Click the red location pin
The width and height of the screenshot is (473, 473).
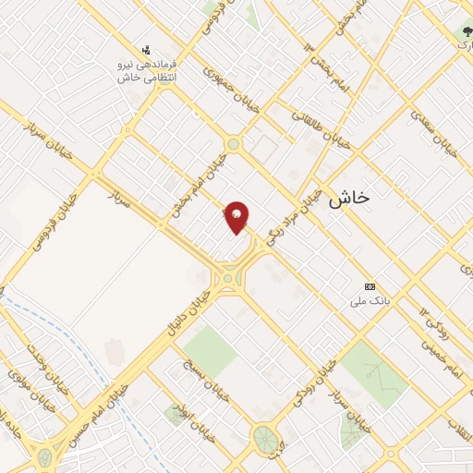click(237, 216)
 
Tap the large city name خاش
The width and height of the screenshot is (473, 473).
click(348, 197)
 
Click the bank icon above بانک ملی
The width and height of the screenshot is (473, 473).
click(371, 286)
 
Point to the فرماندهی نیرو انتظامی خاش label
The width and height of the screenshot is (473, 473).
click(148, 72)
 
